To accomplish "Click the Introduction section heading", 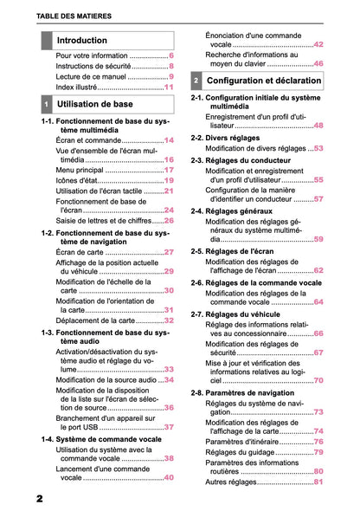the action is click(x=82, y=41).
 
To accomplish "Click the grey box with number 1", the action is click(x=47, y=104).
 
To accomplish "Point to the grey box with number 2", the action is click(x=196, y=81).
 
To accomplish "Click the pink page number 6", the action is click(x=171, y=55).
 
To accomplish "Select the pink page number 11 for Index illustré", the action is click(x=169, y=87).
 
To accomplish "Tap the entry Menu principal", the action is click(x=83, y=171).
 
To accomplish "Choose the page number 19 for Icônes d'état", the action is click(x=170, y=181).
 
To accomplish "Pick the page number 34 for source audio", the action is click(x=169, y=379).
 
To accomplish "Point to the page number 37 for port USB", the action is click(x=170, y=427).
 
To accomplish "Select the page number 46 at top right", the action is click(x=318, y=63).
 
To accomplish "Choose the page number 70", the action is click(x=318, y=380).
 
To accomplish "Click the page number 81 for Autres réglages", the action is click(x=318, y=482).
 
